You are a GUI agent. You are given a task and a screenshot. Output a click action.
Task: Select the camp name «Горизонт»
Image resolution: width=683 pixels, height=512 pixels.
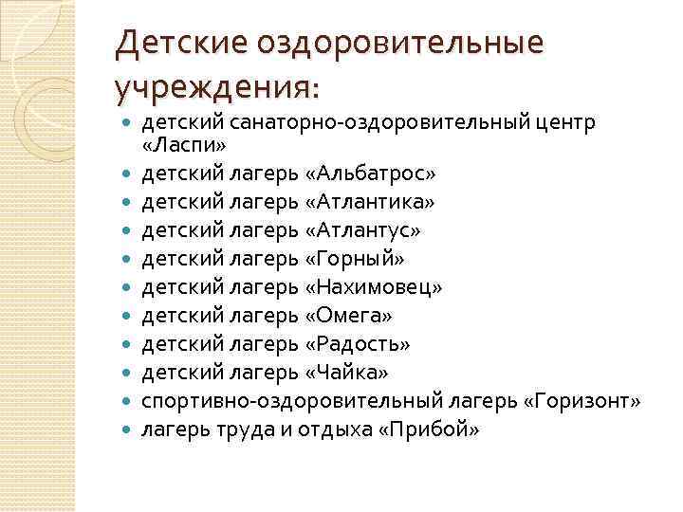click(581, 401)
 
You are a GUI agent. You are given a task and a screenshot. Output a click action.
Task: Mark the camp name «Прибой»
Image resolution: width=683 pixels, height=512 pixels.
click(430, 429)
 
